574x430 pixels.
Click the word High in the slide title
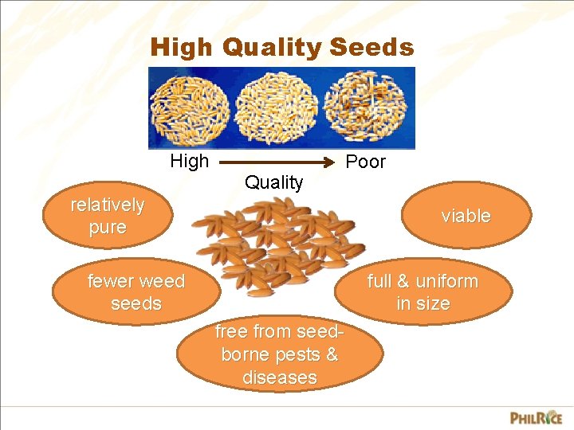pyautogui.click(x=181, y=48)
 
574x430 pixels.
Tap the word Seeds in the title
pyautogui.click(x=372, y=48)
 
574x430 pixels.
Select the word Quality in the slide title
pyautogui.click(x=270, y=48)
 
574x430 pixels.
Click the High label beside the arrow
pyautogui.click(x=189, y=162)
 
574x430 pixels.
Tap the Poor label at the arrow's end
pyautogui.click(x=365, y=162)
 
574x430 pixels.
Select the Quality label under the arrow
pyautogui.click(x=273, y=182)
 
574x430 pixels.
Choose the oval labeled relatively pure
pyautogui.click(x=108, y=216)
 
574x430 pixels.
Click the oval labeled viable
pyautogui.click(x=466, y=216)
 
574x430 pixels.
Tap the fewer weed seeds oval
pyautogui.click(x=136, y=292)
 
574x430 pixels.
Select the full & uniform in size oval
pyautogui.click(x=423, y=292)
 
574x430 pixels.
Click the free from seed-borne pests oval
pyautogui.click(x=279, y=354)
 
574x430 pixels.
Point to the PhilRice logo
pyautogui.click(x=536, y=416)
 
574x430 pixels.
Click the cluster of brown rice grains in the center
pyautogui.click(x=279, y=243)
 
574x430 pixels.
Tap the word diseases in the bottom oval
pyautogui.click(x=279, y=377)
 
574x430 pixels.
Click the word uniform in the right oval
pyautogui.click(x=446, y=281)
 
